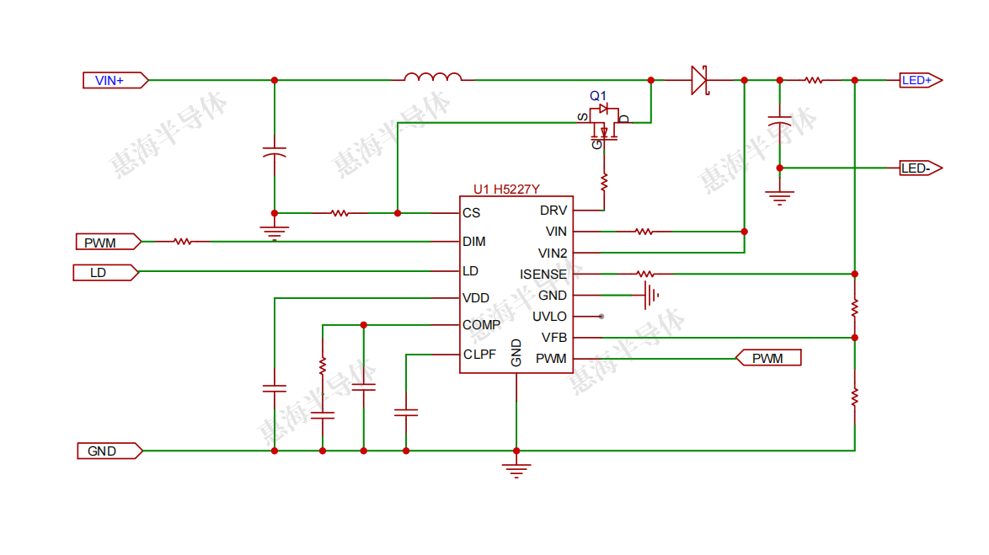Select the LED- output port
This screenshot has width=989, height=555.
tap(919, 168)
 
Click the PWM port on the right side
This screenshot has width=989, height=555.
tap(768, 359)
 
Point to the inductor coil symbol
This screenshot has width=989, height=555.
tap(432, 78)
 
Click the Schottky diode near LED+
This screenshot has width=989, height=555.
tap(699, 80)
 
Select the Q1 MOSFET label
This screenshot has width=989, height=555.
tap(597, 96)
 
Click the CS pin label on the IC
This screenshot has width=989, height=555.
tap(471, 213)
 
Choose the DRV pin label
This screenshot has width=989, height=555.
tap(553, 211)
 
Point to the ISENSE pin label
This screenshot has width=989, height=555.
tap(543, 275)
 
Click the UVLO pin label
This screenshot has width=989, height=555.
tap(549, 317)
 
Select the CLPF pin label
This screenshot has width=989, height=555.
tap(479, 355)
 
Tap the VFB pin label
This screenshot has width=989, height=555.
tap(553, 338)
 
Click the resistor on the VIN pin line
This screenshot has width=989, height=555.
tap(644, 231)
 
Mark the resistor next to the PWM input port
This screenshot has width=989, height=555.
tap(183, 242)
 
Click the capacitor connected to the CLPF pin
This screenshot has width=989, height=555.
tap(406, 413)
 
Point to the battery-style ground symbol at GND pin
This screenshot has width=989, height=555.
tap(650, 296)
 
